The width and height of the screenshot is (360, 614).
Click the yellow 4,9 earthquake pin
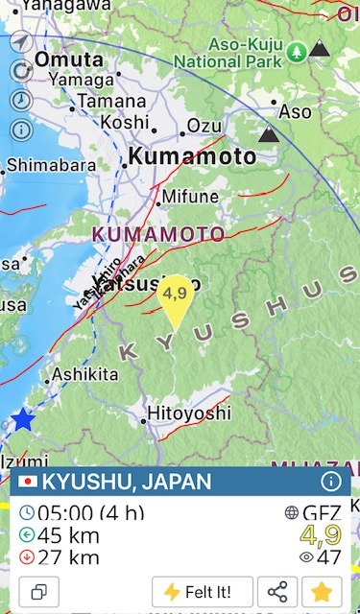coord(175,301)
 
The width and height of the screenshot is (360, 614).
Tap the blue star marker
coord(22,419)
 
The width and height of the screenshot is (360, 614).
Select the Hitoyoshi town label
coord(189,413)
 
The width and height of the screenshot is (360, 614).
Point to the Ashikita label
coord(84,374)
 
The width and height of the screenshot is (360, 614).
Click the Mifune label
coord(190,197)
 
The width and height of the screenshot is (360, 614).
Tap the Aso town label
coord(295,112)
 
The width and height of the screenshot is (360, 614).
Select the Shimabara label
coord(51,164)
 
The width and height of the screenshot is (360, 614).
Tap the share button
coord(277,591)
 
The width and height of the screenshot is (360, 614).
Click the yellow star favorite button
coord(322,591)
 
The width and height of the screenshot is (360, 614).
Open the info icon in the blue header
coord(331,482)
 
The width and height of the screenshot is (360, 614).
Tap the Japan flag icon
coord(29,482)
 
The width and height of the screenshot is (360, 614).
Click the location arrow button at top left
coord(21,43)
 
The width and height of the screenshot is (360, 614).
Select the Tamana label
coord(111,100)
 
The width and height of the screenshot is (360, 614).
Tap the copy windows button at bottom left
coord(38,591)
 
